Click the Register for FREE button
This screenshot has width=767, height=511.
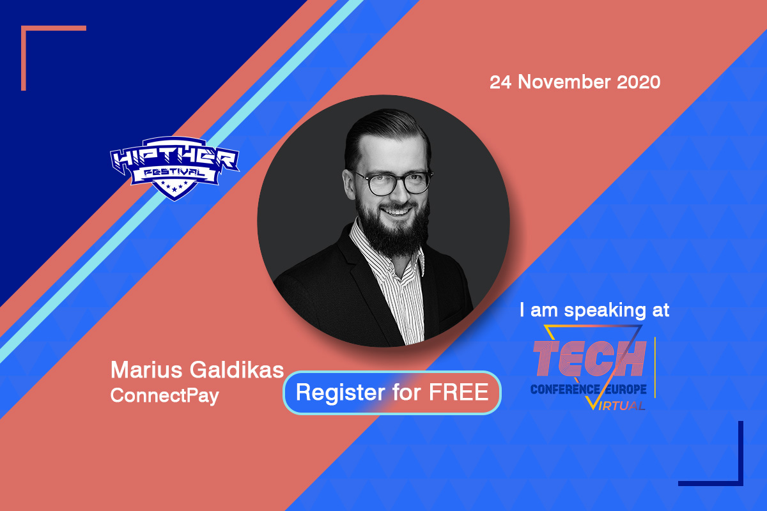pyautogui.click(x=392, y=393)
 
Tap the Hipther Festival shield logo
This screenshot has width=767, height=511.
pyautogui.click(x=174, y=169)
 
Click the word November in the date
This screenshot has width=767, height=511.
pyautogui.click(x=564, y=82)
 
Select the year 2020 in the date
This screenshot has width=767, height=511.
pyautogui.click(x=639, y=82)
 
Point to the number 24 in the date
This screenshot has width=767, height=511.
pyautogui.click(x=500, y=82)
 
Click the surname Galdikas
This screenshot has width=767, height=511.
pyautogui.click(x=236, y=370)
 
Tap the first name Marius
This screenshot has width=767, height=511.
pyautogui.click(x=146, y=370)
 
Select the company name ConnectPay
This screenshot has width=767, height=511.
pyautogui.click(x=164, y=396)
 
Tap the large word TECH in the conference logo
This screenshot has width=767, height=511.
pyautogui.click(x=589, y=358)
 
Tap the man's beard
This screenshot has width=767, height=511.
pyautogui.click(x=394, y=230)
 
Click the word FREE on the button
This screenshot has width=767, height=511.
pyautogui.click(x=458, y=392)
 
